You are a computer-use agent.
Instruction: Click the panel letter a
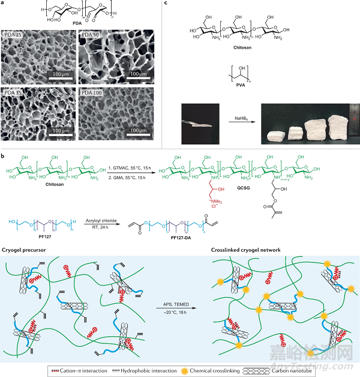pos(3,4)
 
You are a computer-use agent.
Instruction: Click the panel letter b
pos(3,156)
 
